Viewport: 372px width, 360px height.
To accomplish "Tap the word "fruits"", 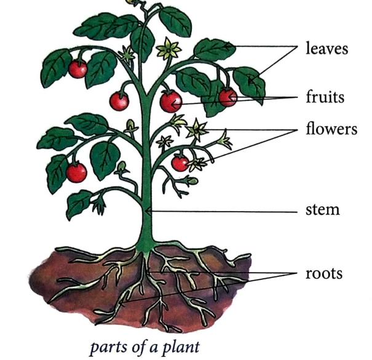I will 324,97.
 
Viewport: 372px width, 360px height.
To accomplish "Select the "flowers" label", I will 331,130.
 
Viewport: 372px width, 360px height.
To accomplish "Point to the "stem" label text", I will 322,210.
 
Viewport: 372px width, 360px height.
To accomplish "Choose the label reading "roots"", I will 323,273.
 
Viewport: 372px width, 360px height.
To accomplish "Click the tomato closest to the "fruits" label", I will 228,97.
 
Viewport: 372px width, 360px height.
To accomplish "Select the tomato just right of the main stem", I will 171,101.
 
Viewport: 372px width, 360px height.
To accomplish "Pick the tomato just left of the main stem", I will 119,100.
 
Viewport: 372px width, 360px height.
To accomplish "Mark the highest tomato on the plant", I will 77,69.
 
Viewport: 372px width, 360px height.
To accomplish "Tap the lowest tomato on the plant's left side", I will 76,172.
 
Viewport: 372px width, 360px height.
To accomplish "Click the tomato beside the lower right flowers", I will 180,163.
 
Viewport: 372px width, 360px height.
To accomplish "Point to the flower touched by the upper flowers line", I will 198,129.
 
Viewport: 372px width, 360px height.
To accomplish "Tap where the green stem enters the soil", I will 146,247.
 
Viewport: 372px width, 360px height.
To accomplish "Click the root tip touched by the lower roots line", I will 122,303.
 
